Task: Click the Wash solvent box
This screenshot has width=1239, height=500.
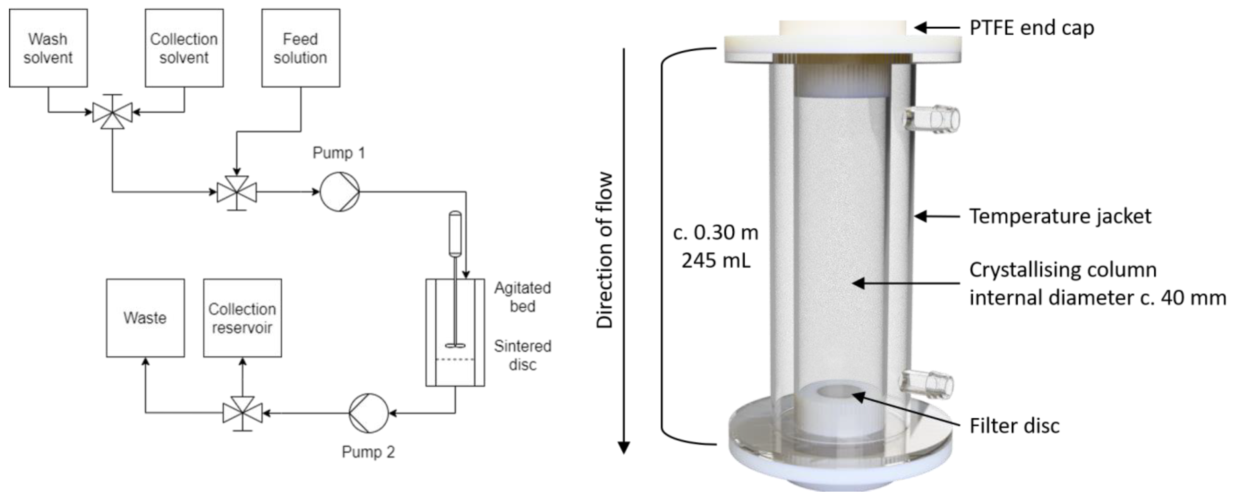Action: coord(48,48)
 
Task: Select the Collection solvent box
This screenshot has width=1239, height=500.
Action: coord(184,48)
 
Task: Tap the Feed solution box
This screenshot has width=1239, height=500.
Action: coord(301,48)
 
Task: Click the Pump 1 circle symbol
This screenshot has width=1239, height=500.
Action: coord(340,192)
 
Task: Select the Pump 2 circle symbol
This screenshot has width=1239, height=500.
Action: coord(368,413)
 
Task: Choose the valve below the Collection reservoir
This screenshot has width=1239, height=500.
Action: coord(242,413)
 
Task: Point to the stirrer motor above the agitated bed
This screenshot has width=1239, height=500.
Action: coord(455,233)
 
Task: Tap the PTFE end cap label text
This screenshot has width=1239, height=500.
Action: coord(1032,28)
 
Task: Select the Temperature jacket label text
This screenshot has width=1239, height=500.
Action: coord(1060,216)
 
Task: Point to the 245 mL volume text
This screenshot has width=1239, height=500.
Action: coord(716,261)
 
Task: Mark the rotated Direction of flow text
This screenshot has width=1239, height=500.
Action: coord(605,250)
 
